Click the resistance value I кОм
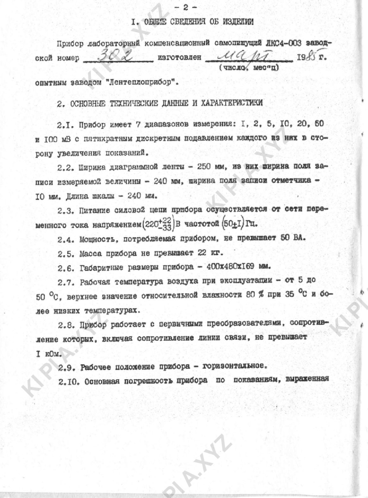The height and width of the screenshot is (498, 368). (49, 353)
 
